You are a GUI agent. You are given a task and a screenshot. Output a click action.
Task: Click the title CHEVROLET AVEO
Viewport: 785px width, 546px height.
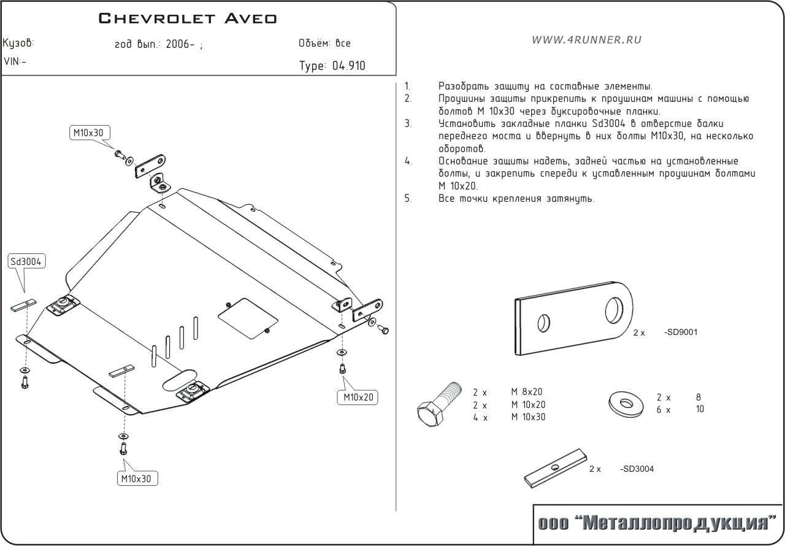tap(188, 18)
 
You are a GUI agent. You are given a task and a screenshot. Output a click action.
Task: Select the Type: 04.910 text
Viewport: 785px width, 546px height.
tap(332, 66)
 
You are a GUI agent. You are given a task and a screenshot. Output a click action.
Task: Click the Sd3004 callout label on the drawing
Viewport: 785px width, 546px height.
tap(26, 261)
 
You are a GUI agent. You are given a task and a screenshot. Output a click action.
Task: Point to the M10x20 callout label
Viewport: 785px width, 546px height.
tap(357, 397)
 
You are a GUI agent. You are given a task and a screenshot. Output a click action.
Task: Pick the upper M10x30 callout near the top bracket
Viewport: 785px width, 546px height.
tap(88, 133)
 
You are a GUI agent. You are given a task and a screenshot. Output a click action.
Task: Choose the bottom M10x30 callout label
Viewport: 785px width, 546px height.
tap(138, 478)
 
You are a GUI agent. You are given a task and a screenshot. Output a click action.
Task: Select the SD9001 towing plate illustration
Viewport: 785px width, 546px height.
tap(573, 318)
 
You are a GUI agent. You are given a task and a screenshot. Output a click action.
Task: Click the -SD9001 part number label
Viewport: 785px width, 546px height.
tap(681, 333)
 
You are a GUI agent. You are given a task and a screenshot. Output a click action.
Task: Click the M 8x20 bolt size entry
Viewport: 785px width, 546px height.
tap(527, 392)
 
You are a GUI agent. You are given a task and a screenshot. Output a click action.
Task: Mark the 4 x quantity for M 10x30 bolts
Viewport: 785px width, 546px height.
tap(480, 417)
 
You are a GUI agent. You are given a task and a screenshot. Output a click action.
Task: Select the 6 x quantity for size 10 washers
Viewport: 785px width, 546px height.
tap(664, 409)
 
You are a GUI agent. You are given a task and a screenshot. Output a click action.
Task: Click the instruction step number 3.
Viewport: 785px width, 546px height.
tap(408, 124)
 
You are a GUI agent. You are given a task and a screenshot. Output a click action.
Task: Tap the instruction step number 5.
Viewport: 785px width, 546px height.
tap(408, 198)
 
